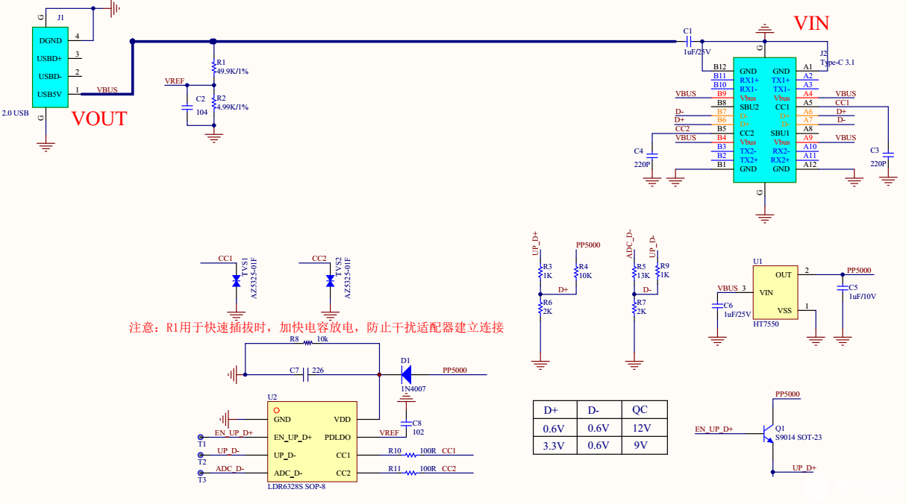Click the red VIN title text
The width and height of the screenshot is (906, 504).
pyautogui.click(x=810, y=23)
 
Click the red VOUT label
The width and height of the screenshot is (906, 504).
pyautogui.click(x=99, y=119)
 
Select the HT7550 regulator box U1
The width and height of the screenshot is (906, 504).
pyautogui.click(x=774, y=292)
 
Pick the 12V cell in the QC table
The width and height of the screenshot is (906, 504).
pyautogui.click(x=640, y=428)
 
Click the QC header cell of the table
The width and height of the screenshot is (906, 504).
pyautogui.click(x=640, y=410)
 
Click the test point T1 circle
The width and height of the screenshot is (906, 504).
pyautogui.click(x=201, y=437)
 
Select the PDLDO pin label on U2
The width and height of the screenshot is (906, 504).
pyautogui.click(x=337, y=437)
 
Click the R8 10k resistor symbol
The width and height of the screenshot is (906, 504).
pyautogui.click(x=307, y=344)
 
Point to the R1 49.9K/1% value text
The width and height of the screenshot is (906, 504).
pyautogui.click(x=233, y=72)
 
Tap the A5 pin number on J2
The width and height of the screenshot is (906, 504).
pyautogui.click(x=808, y=103)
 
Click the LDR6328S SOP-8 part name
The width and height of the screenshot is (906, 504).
pyautogui.click(x=296, y=487)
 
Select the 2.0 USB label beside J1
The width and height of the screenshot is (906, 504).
pyautogui.click(x=15, y=113)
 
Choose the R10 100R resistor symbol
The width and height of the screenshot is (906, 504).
pyautogui.click(x=410, y=455)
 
